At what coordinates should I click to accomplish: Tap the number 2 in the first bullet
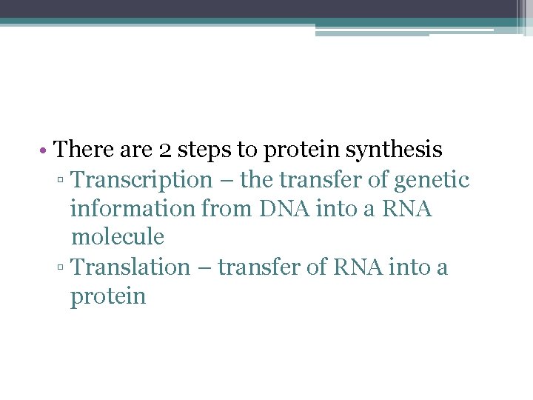coord(166,150)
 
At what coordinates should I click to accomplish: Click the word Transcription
coord(141,180)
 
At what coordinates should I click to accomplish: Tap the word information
coord(133,209)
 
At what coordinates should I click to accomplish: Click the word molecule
coord(117,238)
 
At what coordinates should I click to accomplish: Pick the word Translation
coord(130,267)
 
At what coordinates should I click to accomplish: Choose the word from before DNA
coord(228,209)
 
